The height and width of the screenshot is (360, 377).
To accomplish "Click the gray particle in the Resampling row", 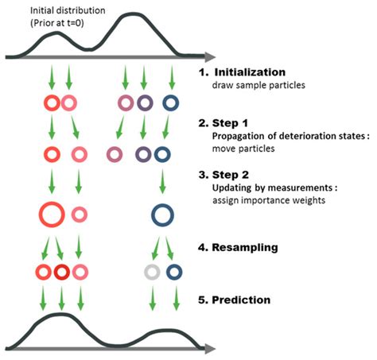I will point(151,272).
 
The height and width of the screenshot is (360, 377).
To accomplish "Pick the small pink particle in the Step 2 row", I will point(79,213).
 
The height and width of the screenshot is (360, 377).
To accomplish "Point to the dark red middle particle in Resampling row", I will point(61,272).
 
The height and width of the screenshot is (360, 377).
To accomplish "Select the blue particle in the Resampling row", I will point(174,272).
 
